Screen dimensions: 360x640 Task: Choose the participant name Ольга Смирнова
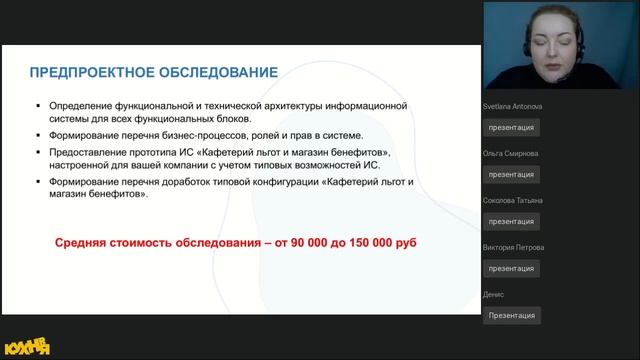click(x=510, y=153)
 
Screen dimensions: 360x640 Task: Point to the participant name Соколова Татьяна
click(x=514, y=200)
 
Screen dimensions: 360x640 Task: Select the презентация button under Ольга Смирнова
click(x=512, y=174)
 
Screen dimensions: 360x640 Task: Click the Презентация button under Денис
click(x=512, y=315)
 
